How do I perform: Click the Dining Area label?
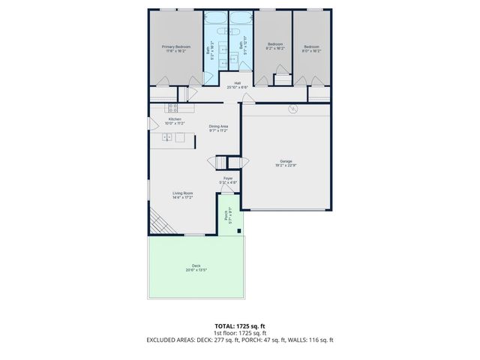(x=218, y=127)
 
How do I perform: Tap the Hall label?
(x=238, y=85)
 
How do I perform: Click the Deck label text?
(x=196, y=268)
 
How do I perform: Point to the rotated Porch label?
(x=226, y=216)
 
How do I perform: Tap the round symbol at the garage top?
(x=294, y=109)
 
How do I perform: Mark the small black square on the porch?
(x=238, y=231)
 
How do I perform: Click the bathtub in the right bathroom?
(x=240, y=19)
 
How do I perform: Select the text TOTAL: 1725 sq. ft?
(x=239, y=326)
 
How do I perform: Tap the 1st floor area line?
(x=239, y=334)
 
